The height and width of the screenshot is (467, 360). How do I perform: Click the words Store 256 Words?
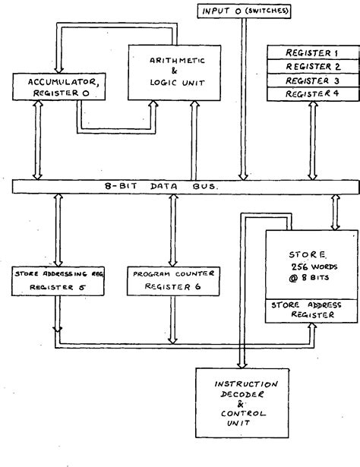tap(309, 262)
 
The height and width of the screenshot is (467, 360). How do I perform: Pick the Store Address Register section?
tap(309, 310)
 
